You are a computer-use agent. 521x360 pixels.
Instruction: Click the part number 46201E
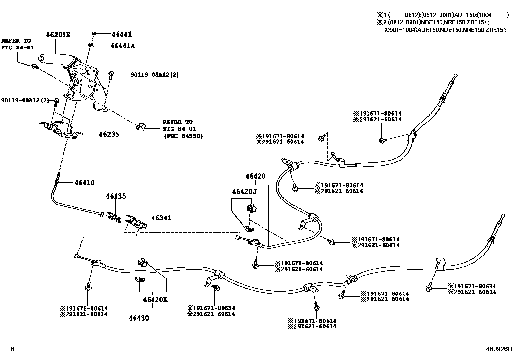coord(58,35)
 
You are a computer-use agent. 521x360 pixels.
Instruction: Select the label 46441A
coord(122,46)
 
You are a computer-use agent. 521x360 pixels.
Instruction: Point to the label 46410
coord(84,183)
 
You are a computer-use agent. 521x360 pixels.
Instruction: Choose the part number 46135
coord(116,196)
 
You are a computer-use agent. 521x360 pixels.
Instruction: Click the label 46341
coord(161,218)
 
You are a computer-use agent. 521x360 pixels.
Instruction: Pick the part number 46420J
coord(244,191)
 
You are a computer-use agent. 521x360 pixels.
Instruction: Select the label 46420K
coord(155,300)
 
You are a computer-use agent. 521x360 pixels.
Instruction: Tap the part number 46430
coord(139,318)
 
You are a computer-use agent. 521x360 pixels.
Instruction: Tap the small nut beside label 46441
coord(94,34)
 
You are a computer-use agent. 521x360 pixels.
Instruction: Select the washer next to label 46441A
coord(92,45)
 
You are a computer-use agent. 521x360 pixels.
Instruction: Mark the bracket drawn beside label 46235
coord(61,128)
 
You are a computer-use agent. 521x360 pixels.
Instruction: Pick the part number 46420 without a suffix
coord(255,176)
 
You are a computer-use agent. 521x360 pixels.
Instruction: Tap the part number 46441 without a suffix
coord(121,34)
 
